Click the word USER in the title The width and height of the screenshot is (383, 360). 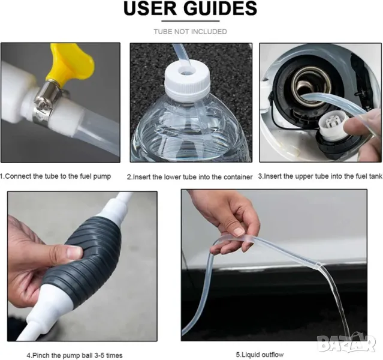pyautogui.click(x=150, y=8)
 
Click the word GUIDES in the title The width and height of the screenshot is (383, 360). pyautogui.click(x=221, y=8)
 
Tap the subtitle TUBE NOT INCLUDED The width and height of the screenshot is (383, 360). pyautogui.click(x=190, y=32)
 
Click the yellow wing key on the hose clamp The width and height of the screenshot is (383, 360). pyautogui.click(x=70, y=63)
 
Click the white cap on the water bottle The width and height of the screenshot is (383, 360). pyautogui.click(x=186, y=79)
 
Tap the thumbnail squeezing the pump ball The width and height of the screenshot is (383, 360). pyautogui.click(x=75, y=251)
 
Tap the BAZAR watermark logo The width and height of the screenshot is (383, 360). pyautogui.click(x=346, y=343)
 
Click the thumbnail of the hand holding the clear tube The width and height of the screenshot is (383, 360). pyautogui.click(x=239, y=232)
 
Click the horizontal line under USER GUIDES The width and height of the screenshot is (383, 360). pyautogui.click(x=191, y=21)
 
